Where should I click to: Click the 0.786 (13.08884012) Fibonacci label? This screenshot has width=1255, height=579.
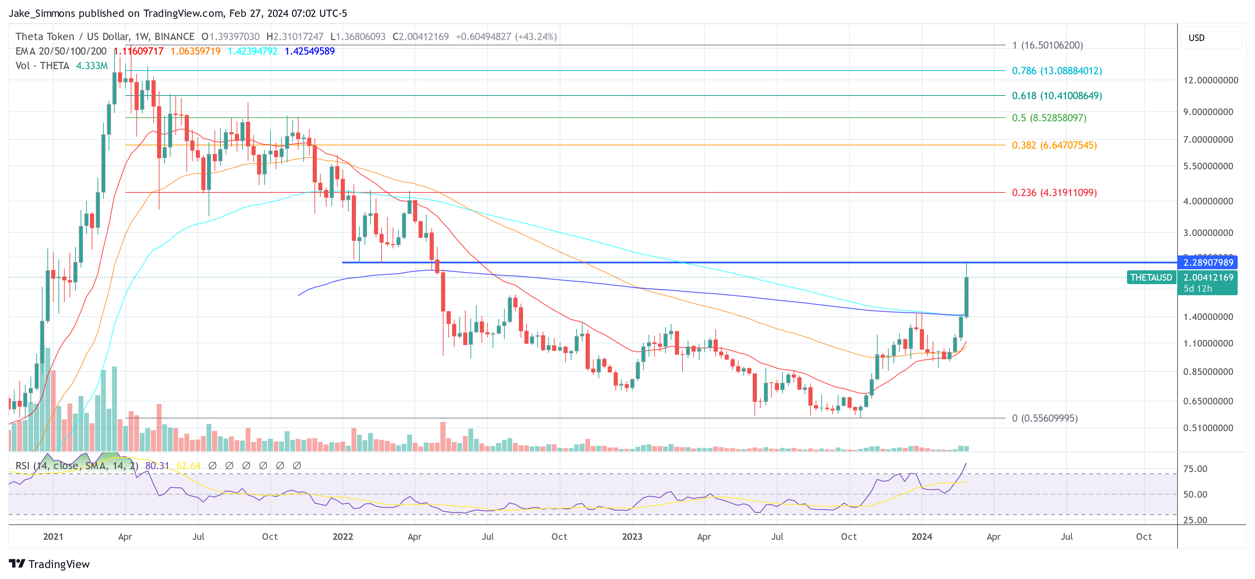pyautogui.click(x=1056, y=71)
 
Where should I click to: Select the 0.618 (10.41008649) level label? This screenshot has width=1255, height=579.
pyautogui.click(x=1056, y=96)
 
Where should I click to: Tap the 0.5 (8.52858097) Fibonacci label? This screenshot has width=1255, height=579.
pyautogui.click(x=1048, y=118)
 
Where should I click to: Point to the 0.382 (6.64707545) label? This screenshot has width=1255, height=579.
pyautogui.click(x=1054, y=145)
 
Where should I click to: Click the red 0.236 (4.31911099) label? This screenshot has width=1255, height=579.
pyautogui.click(x=1054, y=192)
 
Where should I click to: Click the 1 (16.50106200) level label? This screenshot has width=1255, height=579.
pyautogui.click(x=1047, y=45)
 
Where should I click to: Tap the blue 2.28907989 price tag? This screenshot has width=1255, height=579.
pyautogui.click(x=1208, y=263)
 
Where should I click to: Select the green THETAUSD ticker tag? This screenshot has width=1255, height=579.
pyautogui.click(x=1151, y=277)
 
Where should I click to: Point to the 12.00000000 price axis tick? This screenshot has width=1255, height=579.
pyautogui.click(x=1210, y=80)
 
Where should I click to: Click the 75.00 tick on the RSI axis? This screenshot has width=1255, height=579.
pyautogui.click(x=1195, y=469)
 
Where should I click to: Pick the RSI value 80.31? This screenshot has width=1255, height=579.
pyautogui.click(x=157, y=466)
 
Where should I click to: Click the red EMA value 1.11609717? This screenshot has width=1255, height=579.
pyautogui.click(x=139, y=51)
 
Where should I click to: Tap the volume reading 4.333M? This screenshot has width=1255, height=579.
pyautogui.click(x=92, y=66)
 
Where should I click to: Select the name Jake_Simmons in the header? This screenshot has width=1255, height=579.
pyautogui.click(x=42, y=13)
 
